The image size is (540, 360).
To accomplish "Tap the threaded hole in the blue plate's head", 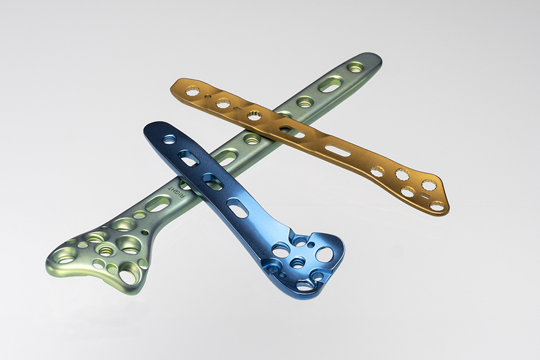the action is point(296,264).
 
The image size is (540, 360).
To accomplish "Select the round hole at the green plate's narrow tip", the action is point(355,68).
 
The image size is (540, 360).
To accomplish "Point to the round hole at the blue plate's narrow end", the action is point(169,139).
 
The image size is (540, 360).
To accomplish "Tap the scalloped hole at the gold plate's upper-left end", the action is point(190,92).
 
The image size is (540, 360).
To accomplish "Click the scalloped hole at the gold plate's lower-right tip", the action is point(438,206).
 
